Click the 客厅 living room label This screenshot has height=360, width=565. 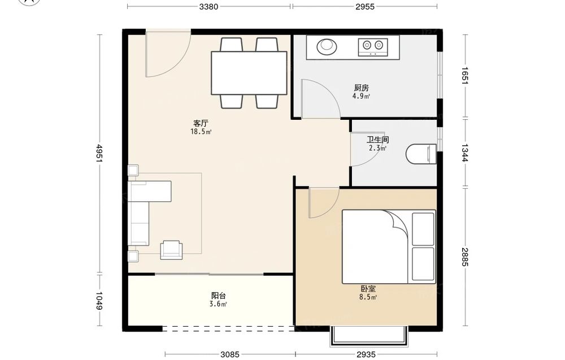201,123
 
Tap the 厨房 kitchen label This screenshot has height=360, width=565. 361,88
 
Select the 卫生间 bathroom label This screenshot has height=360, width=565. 377,140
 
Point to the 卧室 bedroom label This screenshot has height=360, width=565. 368,289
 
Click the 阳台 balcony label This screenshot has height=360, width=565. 218,296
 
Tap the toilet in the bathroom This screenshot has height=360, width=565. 421,154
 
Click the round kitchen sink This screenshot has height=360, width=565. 327,46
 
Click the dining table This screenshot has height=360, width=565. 249,73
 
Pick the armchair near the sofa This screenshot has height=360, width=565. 172,250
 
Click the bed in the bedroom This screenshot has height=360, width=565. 389,246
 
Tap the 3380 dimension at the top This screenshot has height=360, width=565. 209,6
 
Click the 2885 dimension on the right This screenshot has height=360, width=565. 465,257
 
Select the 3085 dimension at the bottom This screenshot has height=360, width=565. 230,354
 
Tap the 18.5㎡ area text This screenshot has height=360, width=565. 201,132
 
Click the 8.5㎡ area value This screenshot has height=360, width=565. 368,297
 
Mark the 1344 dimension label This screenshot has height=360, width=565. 465,153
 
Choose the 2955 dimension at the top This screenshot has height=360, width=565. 365,6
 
